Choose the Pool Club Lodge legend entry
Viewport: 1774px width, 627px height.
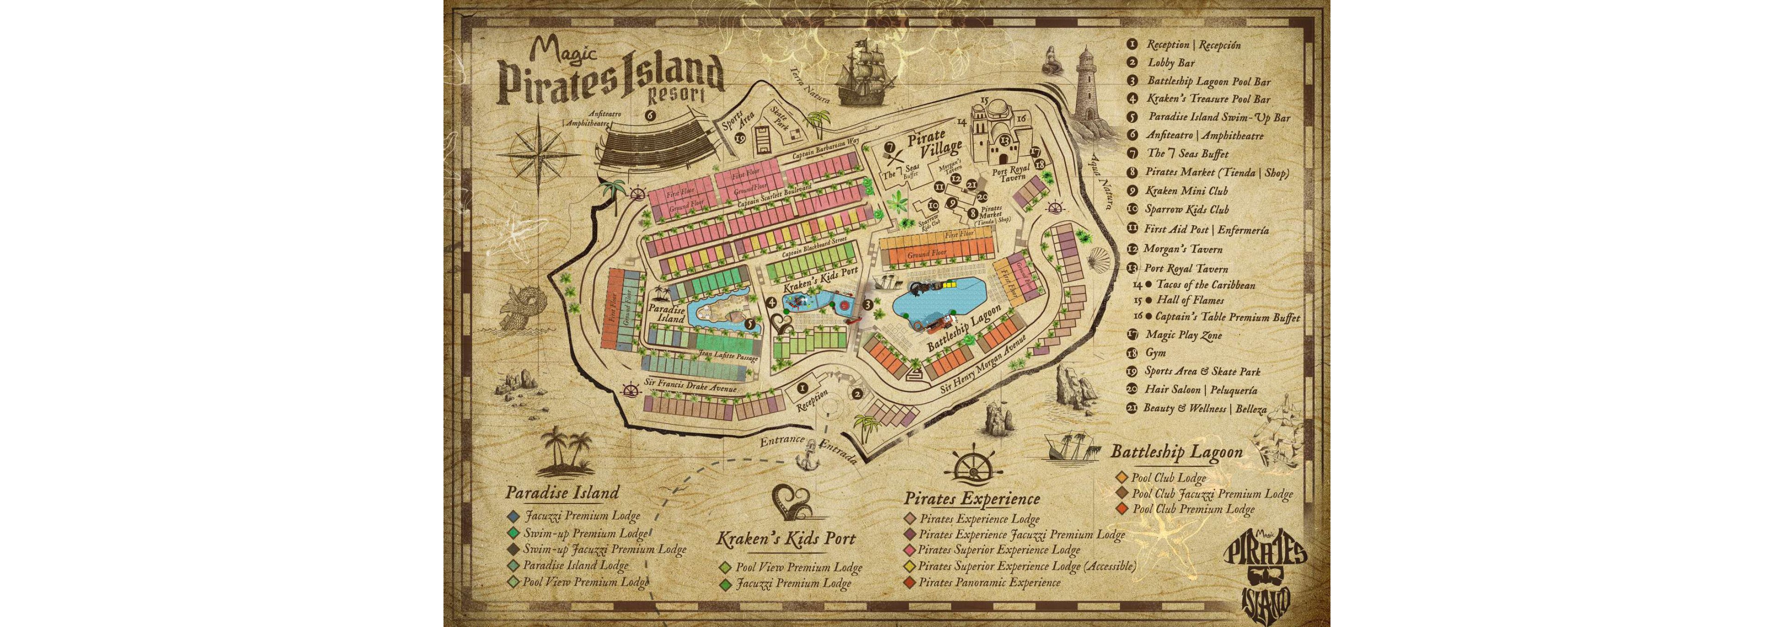point(1169,478)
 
